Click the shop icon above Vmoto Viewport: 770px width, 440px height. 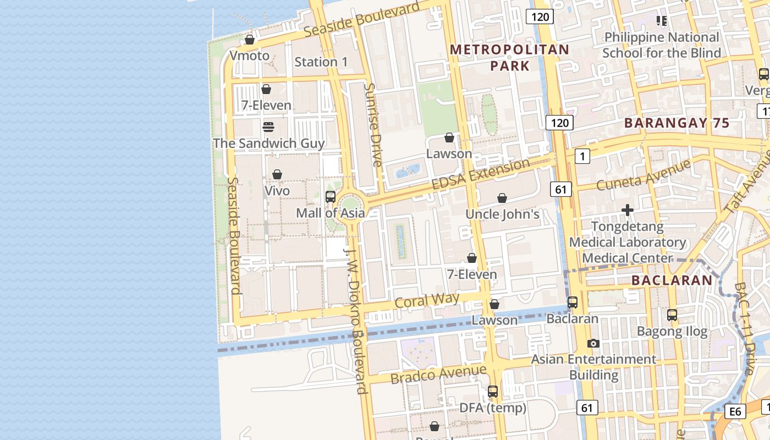(x=250, y=40)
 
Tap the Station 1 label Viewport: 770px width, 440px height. (x=321, y=62)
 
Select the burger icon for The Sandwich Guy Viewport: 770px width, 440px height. (x=268, y=127)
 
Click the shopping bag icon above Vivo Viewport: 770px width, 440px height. (x=277, y=174)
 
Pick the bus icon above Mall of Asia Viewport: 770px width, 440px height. (x=331, y=196)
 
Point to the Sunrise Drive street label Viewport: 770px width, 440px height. (x=373, y=125)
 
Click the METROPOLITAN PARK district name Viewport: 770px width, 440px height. (x=509, y=58)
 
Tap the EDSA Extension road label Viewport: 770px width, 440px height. (x=481, y=174)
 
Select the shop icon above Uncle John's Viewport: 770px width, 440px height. (x=502, y=198)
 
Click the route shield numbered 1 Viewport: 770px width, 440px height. (x=582, y=156)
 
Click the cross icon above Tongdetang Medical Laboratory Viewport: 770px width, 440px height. (x=628, y=210)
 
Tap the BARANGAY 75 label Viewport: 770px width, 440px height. (x=676, y=123)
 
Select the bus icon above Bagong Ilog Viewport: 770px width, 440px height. (x=672, y=315)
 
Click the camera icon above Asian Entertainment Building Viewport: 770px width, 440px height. (x=593, y=343)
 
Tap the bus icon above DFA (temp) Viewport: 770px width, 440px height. (x=493, y=392)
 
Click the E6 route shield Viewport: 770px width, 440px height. (x=735, y=411)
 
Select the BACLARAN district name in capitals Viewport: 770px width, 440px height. (x=672, y=280)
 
